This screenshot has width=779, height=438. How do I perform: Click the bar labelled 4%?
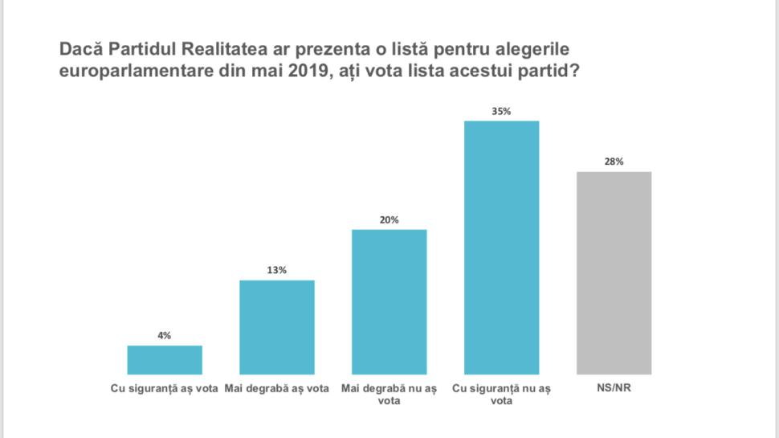pos(165,360)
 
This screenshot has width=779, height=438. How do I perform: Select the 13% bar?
pos(277,327)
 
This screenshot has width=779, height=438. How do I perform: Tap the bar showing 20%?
pos(389,302)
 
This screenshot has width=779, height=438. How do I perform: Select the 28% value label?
pos(614,162)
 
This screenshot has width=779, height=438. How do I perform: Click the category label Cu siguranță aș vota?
pos(165,389)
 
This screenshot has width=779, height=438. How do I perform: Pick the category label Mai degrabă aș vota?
pos(277,389)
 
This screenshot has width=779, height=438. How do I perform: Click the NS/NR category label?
pos(614,389)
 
